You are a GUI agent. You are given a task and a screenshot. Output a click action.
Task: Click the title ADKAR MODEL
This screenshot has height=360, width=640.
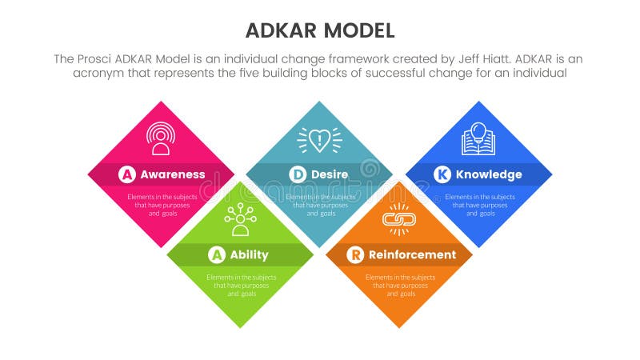coord(319,30)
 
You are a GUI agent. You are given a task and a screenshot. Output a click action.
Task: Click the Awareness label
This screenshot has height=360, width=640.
coord(172,174)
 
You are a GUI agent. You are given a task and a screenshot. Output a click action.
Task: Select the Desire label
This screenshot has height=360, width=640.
coord(330,174)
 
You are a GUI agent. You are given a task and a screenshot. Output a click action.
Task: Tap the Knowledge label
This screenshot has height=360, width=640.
coord(488,174)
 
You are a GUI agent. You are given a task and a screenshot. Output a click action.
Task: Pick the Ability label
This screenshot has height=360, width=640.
coord(250,255)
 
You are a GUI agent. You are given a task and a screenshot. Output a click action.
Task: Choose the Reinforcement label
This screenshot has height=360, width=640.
coord(412,255)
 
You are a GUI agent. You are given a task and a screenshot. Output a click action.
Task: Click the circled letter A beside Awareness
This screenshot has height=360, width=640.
coord(127,174)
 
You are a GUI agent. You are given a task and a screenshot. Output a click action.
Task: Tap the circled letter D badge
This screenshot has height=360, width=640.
coord(298,174)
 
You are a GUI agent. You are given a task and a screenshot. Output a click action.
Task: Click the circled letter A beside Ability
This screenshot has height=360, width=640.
coord(216,255)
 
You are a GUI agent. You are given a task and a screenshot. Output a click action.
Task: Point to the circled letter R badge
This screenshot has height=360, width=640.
coord(355,255)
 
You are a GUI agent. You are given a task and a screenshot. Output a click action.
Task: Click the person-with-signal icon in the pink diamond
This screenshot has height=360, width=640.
coord(161,138)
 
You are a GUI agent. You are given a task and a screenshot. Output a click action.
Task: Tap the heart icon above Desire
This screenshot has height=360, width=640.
coord(319,139)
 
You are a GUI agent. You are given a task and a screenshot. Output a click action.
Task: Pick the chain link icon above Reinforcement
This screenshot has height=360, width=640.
coord(398,219)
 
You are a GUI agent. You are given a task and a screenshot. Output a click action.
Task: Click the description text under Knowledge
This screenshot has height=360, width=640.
coord(480,205)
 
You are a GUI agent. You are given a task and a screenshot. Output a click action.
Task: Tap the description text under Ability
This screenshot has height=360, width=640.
coord(240,286)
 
